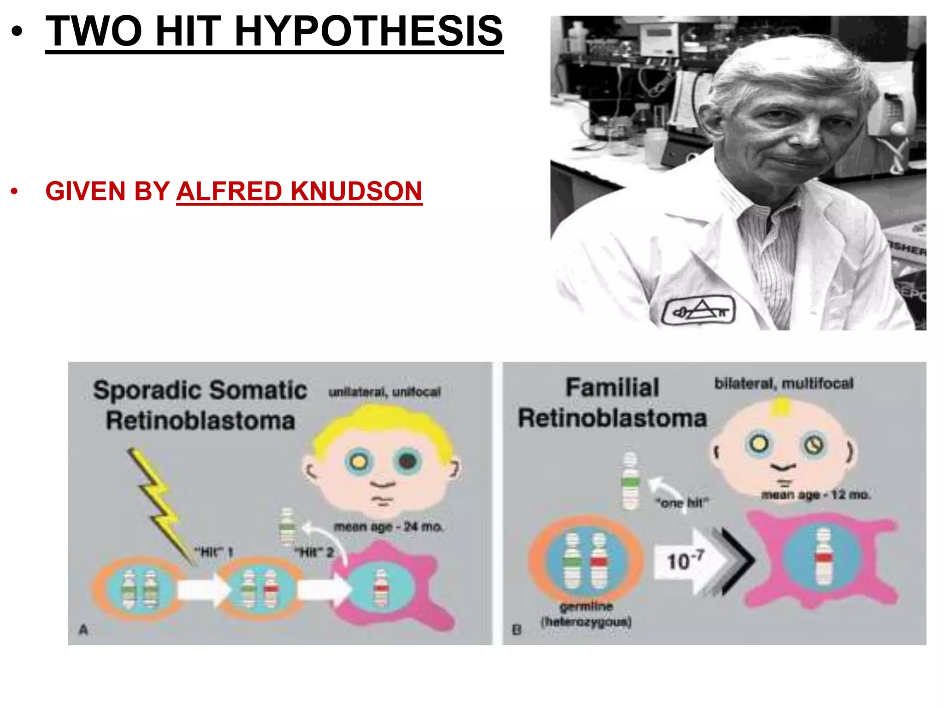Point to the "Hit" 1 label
tap(213, 552)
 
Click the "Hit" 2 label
tap(314, 552)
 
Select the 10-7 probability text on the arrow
tap(684, 560)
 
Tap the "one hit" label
tap(682, 502)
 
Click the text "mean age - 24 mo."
tap(388, 526)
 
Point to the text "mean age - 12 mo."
tap(815, 495)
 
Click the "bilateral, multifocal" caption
tap(784, 383)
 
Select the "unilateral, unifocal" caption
tap(384, 392)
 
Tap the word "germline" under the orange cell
tap(586, 606)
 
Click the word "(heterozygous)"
tap(586, 622)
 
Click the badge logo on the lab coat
tap(698, 311)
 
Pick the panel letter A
tap(83, 629)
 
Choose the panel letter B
tap(516, 630)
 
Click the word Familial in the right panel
tap(612, 388)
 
